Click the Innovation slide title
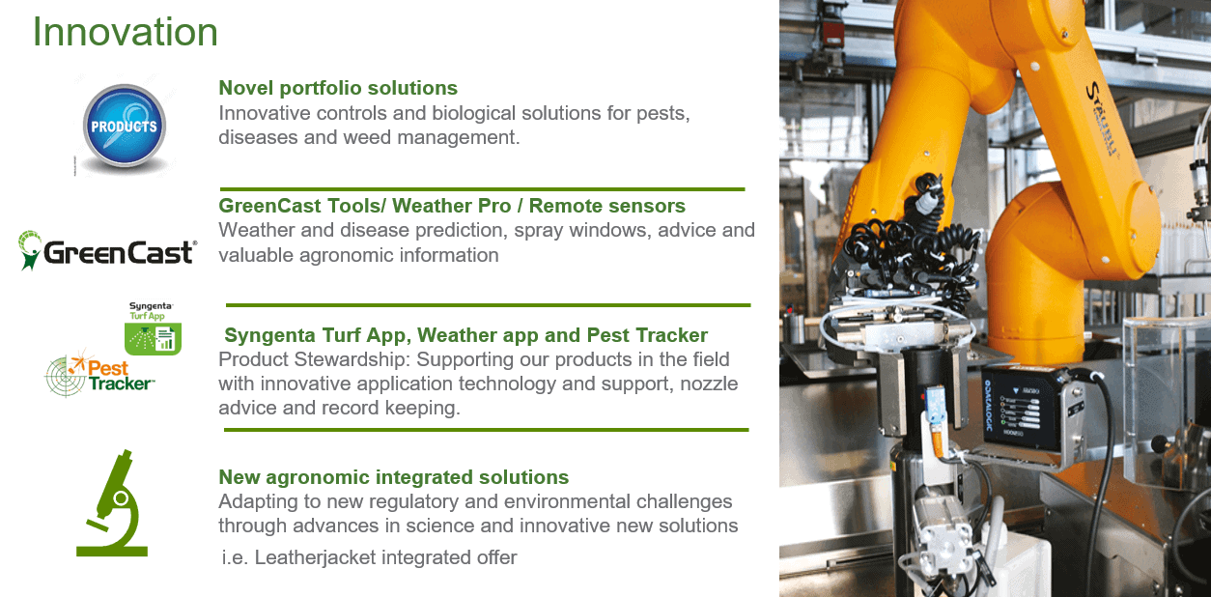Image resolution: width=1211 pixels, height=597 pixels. coord(125,32)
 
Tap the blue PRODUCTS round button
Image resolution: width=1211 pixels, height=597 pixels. coord(125,126)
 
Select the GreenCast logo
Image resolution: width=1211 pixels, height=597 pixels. coord(107,251)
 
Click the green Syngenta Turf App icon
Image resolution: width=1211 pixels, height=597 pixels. coord(153,338)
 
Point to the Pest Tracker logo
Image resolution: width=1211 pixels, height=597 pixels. coord(100,374)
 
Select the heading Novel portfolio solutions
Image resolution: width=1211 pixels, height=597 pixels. coord(338,88)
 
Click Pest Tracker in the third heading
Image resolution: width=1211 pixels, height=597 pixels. coord(647,335)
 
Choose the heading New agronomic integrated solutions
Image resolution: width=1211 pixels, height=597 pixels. coord(394,477)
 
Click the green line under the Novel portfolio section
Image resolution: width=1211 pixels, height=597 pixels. coord(482,189)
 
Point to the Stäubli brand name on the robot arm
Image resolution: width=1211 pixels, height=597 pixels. coord(1104,119)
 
